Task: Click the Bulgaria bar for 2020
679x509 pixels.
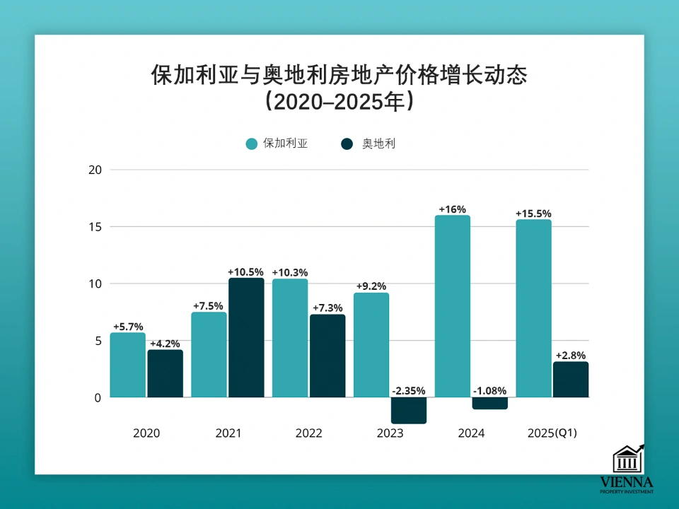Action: click(127, 365)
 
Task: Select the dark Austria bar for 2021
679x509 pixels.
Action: click(245, 337)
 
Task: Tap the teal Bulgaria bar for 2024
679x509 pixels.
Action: click(452, 306)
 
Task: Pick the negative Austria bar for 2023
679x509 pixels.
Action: click(408, 410)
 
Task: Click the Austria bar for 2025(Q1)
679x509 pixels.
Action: click(570, 380)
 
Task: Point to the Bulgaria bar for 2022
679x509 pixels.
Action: click(290, 338)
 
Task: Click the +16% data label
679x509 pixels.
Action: click(452, 209)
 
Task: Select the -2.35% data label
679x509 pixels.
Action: click(408, 391)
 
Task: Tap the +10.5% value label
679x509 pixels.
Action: click(245, 271)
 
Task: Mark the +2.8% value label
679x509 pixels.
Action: click(570, 355)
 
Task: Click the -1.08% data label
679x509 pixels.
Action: click(489, 391)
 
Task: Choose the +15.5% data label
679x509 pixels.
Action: click(533, 213)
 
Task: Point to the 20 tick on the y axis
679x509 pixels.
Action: click(95, 170)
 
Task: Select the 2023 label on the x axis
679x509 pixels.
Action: click(390, 433)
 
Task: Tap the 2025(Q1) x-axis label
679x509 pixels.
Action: click(552, 433)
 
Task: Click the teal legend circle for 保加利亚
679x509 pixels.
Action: click(252, 144)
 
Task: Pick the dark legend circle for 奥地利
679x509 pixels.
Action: click(347, 144)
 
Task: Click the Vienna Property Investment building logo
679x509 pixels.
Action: click(627, 460)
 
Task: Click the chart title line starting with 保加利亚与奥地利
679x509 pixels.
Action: click(339, 75)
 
